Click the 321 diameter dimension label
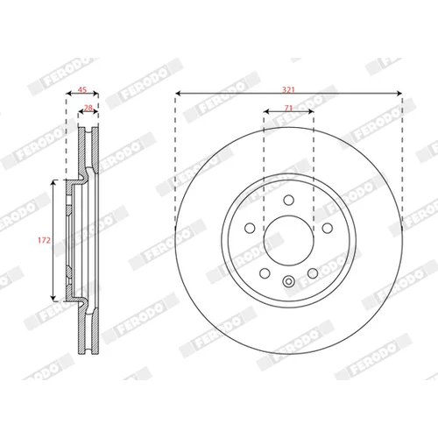click(288, 89)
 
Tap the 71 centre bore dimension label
click(288, 108)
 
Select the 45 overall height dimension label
click(82, 89)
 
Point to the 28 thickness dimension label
click(88, 108)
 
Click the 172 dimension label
click(44, 240)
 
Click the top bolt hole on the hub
click(289, 201)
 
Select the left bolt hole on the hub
click(250, 228)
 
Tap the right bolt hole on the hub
click(328, 228)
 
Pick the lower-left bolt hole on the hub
click(265, 273)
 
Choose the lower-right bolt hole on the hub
click(313, 273)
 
